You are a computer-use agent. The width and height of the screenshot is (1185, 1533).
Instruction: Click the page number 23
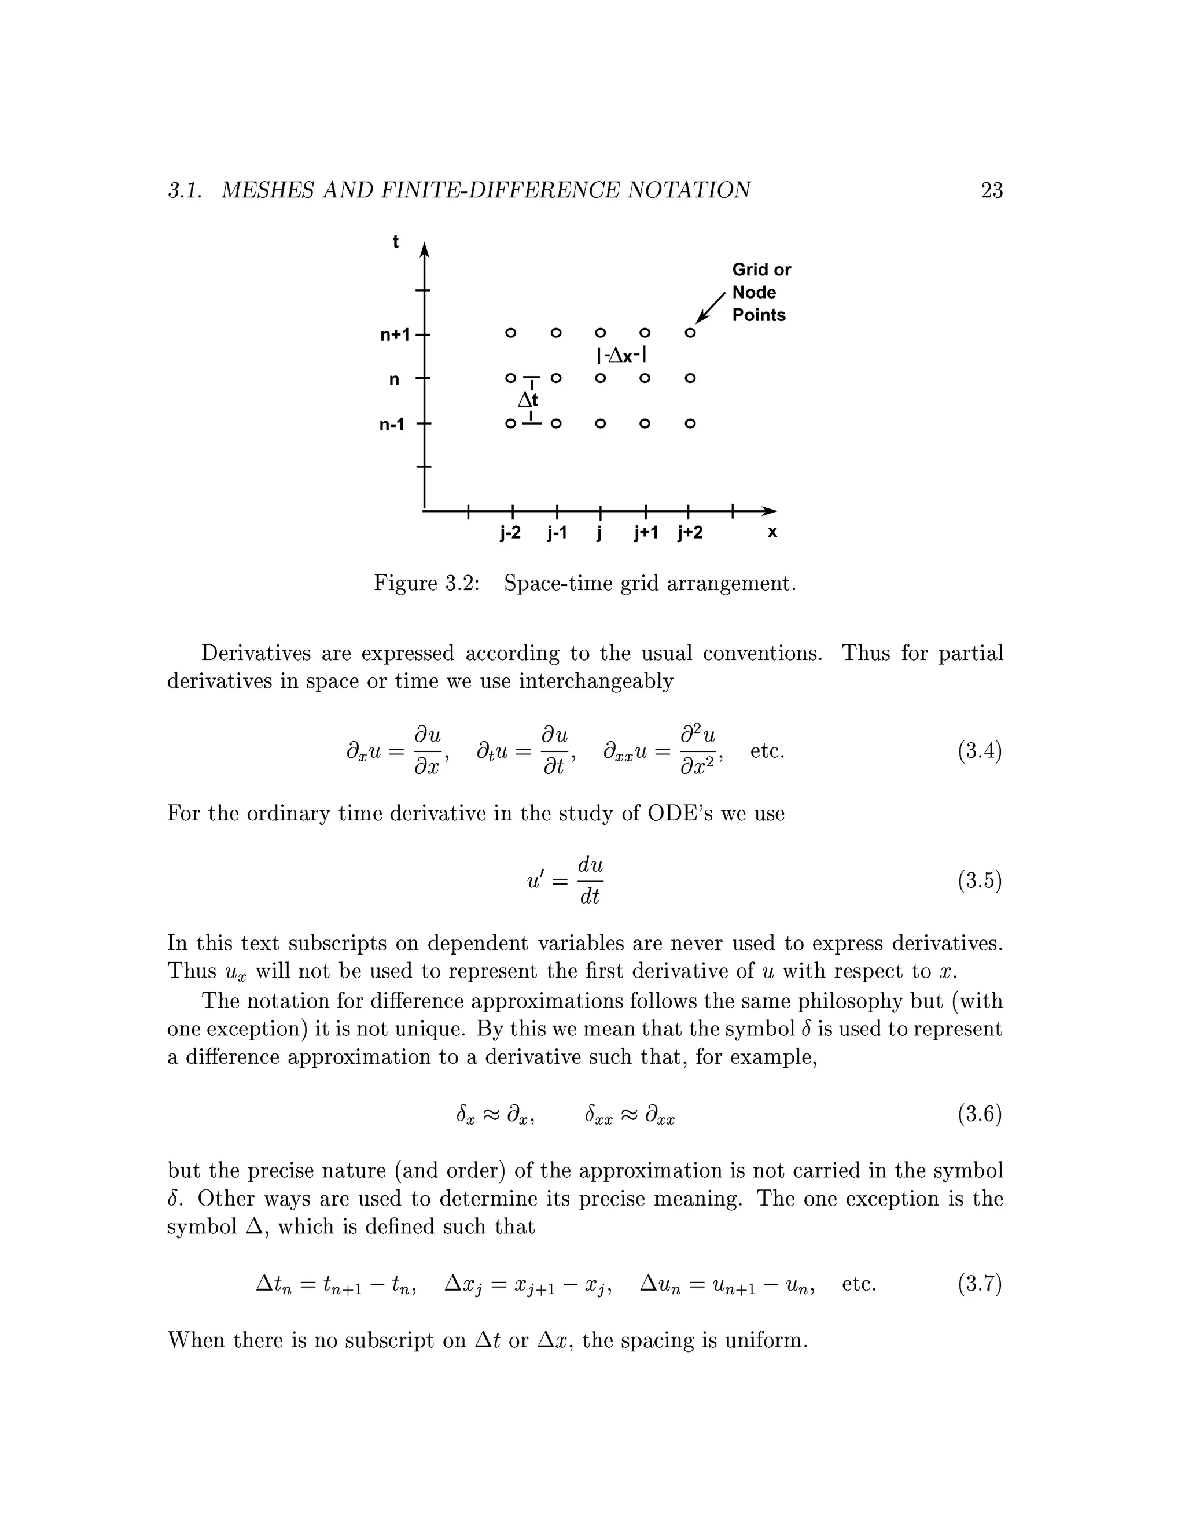click(x=991, y=190)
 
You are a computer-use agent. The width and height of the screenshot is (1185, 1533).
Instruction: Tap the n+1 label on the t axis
click(x=395, y=336)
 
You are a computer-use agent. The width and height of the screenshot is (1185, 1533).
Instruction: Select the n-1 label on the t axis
click(x=392, y=425)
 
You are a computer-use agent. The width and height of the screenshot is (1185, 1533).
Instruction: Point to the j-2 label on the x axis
click(x=510, y=533)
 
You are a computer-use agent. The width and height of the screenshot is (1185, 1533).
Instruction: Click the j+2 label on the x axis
click(x=690, y=533)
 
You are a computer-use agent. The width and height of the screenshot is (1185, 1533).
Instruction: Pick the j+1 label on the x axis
click(x=646, y=533)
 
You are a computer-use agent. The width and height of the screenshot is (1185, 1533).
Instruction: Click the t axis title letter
click(x=395, y=242)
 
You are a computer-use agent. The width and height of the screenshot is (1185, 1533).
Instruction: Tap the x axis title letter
click(x=772, y=532)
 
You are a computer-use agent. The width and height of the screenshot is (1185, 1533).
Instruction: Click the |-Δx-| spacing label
click(x=621, y=356)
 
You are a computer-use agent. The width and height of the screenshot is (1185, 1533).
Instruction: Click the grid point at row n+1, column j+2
click(x=690, y=333)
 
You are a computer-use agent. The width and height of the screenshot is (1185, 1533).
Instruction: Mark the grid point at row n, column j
click(x=600, y=378)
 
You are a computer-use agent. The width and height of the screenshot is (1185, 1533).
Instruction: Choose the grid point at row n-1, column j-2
click(x=510, y=424)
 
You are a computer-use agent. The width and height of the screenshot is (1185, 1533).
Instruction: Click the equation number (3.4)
click(x=980, y=751)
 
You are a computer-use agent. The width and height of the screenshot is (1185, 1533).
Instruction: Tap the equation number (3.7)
click(x=980, y=1284)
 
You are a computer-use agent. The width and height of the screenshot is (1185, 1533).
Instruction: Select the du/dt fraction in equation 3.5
click(x=590, y=880)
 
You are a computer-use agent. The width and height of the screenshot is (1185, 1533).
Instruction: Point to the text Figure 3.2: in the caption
click(x=426, y=583)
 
